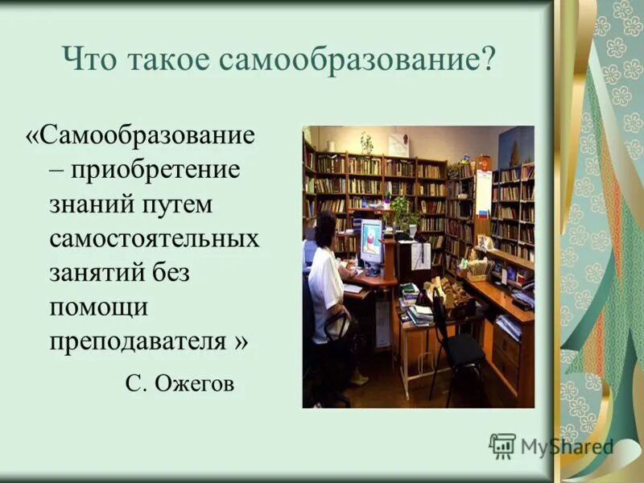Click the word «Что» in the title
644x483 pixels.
85,61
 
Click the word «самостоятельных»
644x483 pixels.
155,239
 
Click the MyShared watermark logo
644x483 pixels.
551,445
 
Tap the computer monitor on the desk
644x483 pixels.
372,242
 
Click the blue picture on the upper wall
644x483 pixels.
515,147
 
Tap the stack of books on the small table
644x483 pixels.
419,312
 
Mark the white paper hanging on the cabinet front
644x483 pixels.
420,255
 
